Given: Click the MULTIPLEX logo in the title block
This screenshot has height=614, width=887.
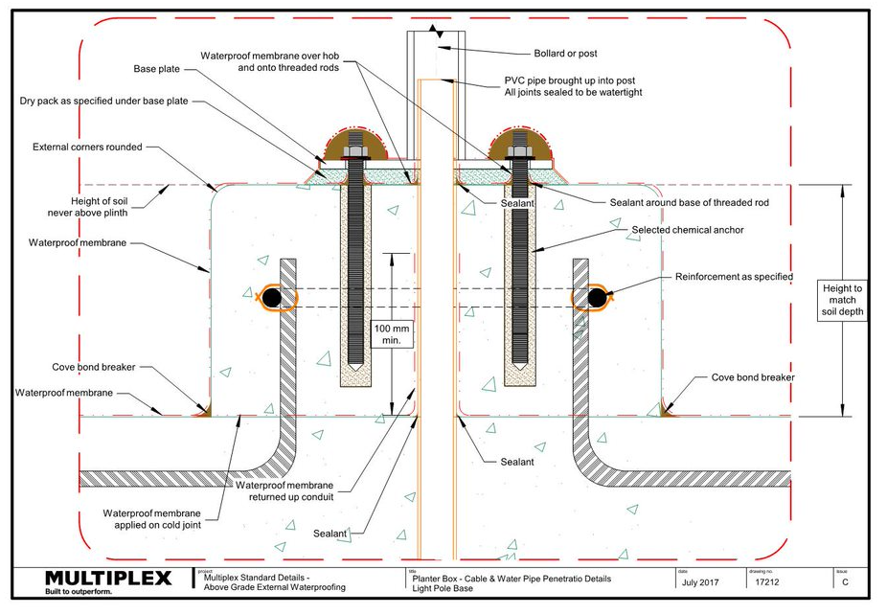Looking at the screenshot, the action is tap(108, 578).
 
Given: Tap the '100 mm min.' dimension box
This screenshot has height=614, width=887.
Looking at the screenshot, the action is tap(392, 334).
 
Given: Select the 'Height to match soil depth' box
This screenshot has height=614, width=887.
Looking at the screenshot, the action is tap(842, 300).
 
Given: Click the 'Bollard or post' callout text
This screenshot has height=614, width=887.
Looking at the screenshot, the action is tap(565, 54).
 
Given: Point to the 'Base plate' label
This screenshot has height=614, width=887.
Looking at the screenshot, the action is tap(157, 69).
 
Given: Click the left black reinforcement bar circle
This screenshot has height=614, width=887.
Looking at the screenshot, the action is tap(272, 297).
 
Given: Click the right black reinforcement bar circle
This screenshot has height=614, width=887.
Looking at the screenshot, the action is tap(597, 297).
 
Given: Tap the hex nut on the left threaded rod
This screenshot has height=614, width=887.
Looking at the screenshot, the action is tap(355, 151).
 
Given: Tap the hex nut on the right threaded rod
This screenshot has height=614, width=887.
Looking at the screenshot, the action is tap(520, 151).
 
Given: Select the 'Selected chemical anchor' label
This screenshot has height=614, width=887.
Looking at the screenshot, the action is tap(688, 230).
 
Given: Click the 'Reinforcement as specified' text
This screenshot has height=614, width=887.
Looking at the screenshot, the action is tap(734, 277).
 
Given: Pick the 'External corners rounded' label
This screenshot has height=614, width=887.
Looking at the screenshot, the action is tap(87, 148).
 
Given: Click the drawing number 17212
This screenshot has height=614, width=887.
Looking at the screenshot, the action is tap(767, 581).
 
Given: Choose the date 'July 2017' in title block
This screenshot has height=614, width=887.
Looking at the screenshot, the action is tap(700, 581).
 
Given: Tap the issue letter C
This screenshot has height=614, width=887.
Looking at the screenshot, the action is tap(845, 581).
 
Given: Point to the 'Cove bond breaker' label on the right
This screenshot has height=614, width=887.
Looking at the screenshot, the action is tap(752, 377).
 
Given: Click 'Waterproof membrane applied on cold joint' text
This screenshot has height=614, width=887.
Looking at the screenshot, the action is tap(151, 519).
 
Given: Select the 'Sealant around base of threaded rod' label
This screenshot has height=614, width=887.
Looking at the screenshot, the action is tap(689, 203).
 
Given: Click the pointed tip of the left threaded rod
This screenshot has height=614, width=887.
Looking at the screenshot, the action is tap(355, 369).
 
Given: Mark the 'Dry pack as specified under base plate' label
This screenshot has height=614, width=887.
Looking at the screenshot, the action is tap(103, 102).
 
